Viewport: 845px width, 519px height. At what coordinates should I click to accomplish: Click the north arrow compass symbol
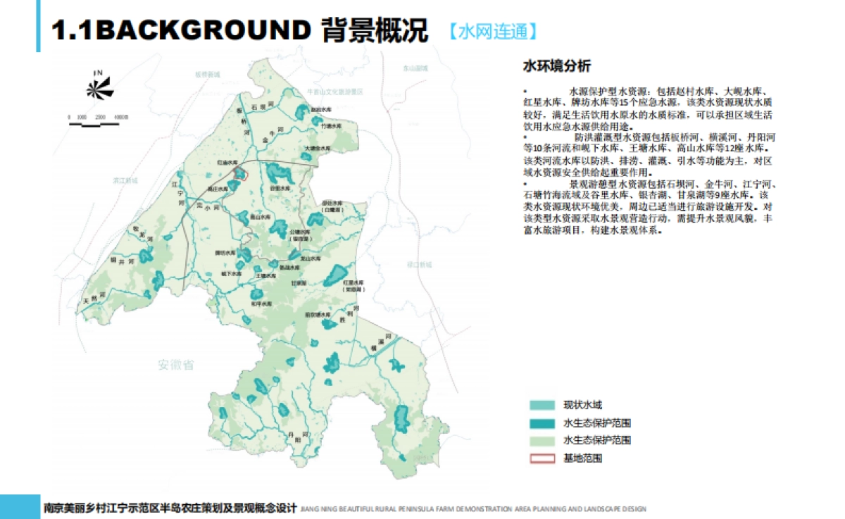coord(99,87)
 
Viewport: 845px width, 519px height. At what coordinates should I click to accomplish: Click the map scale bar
coord(99,123)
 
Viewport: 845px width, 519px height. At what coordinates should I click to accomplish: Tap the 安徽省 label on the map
coord(176,365)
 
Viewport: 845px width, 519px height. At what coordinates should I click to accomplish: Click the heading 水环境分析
coord(556,66)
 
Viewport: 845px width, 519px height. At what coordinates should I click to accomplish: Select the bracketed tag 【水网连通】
coord(494,31)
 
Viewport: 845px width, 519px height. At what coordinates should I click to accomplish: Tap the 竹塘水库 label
coord(331,126)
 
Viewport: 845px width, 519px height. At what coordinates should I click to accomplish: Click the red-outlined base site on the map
coord(240,174)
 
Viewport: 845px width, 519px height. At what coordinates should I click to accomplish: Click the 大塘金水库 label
coord(318,149)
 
